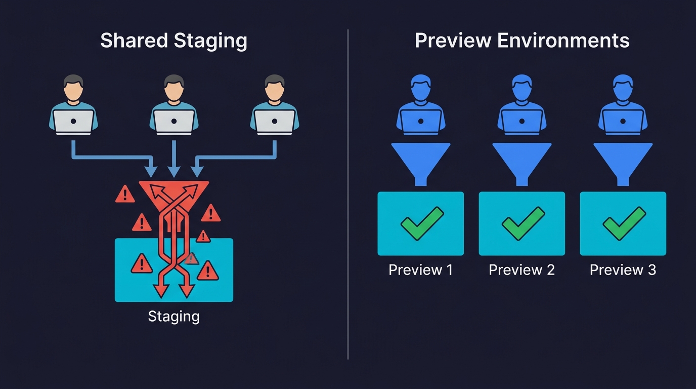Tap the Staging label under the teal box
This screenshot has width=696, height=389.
click(x=173, y=317)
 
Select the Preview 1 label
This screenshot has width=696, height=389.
click(x=420, y=270)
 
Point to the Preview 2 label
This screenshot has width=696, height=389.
click(x=521, y=270)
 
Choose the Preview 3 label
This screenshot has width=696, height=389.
click(x=623, y=270)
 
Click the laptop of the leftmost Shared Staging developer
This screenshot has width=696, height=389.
click(x=73, y=122)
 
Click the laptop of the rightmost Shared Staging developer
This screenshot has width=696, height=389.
click(x=275, y=122)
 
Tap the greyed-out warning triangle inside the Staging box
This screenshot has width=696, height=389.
click(x=191, y=259)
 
